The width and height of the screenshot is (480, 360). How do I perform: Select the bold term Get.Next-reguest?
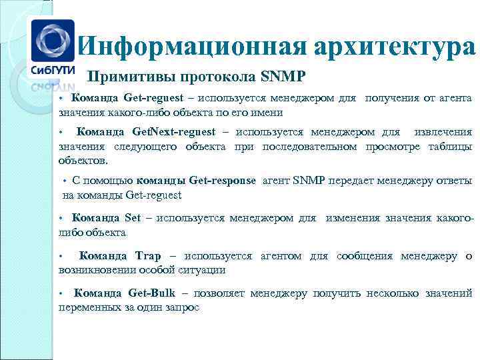(174, 132)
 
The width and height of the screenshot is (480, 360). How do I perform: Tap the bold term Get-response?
(223, 181)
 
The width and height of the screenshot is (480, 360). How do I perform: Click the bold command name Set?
(133, 218)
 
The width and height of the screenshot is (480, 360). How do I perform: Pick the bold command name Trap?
(148, 256)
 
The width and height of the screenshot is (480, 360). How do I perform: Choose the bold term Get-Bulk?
(151, 293)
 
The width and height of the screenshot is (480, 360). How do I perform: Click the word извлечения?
(443, 132)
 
